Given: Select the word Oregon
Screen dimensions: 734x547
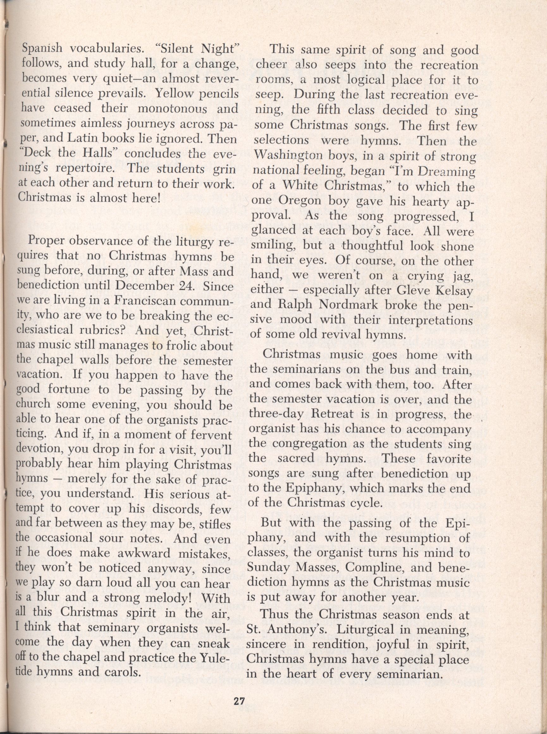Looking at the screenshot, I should click(300, 201).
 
